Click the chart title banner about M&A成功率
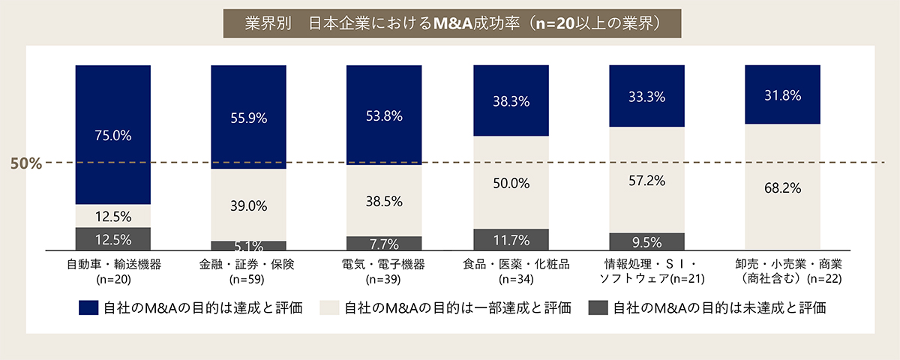(450, 22)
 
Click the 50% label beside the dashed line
(26, 163)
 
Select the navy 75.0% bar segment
(113, 135)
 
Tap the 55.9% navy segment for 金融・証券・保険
(248, 117)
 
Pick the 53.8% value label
(384, 116)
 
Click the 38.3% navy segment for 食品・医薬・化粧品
(511, 100)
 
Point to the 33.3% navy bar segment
(646, 96)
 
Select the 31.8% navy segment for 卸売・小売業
(782, 94)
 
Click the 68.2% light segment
(782, 186)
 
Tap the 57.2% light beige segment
(646, 180)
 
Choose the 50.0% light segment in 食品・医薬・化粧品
(511, 182)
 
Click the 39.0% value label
(248, 205)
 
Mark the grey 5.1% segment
(248, 245)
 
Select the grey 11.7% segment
(511, 239)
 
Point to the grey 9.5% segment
(646, 241)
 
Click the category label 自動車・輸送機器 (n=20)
(113, 271)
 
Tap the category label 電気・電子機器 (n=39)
(384, 271)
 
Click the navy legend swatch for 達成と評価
(88, 308)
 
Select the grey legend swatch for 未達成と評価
(598, 308)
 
